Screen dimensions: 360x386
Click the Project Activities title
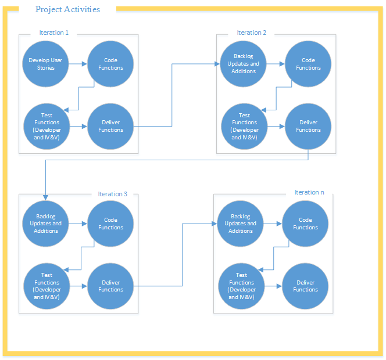pos(67,9)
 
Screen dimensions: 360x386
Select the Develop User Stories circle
pos(46,64)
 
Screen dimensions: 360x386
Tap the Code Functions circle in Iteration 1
pos(110,64)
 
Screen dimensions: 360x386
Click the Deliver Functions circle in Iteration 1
pos(110,126)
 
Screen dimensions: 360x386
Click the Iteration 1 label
pos(54,33)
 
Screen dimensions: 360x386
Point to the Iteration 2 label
pos(251,33)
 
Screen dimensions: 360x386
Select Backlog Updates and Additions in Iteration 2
pos(244,64)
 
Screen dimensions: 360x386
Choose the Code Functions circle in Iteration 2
pos(308,64)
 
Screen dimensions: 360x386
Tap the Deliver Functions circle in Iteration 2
pos(308,126)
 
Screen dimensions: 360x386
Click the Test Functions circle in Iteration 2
pos(244,126)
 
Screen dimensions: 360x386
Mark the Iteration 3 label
pos(112,194)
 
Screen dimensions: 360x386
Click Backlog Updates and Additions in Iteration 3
pos(46,224)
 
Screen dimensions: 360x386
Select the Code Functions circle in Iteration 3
pos(110,224)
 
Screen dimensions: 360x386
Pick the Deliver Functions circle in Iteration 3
pos(110,286)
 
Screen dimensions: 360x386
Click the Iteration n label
pos(309,192)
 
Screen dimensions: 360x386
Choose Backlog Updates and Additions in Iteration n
pos(241,224)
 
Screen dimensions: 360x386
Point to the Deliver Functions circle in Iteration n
pos(305,286)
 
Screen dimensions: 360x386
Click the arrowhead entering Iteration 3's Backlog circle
pos(46,198)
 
